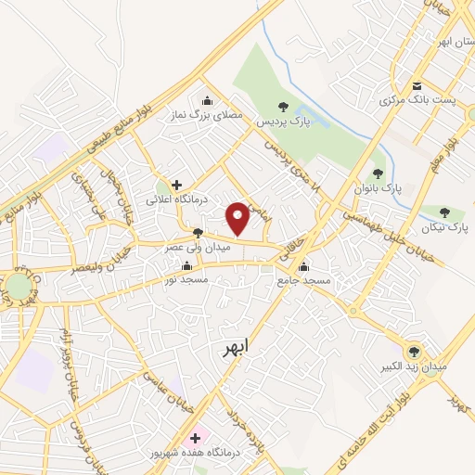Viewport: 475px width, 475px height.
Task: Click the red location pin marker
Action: point(238,218)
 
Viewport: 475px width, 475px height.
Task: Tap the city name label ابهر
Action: point(237,350)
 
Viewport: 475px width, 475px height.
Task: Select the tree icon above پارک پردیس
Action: point(283,108)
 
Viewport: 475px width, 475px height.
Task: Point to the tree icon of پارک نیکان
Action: point(446,212)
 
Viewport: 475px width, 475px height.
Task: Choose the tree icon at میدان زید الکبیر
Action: point(414,351)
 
